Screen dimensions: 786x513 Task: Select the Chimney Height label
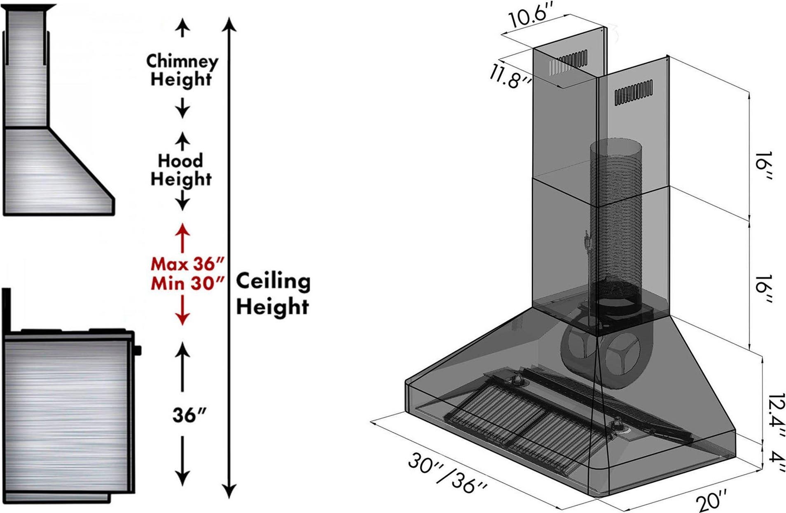coord(182,70)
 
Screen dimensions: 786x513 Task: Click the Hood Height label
coord(181,170)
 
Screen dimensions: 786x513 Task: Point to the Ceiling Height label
coord(273,294)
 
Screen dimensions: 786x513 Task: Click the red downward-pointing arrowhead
coord(182,318)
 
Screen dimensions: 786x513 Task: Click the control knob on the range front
coord(138,350)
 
